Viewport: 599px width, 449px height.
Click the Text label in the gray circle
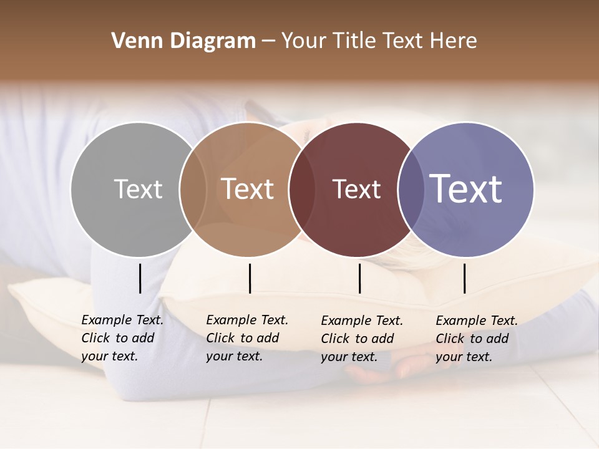pyautogui.click(x=138, y=189)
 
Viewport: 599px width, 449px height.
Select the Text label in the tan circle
pyautogui.click(x=248, y=189)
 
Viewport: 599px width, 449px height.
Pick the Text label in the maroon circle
pyautogui.click(x=356, y=189)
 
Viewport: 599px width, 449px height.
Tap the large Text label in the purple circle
pyautogui.click(x=466, y=188)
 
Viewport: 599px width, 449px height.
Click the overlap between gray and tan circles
pyautogui.click(x=193, y=189)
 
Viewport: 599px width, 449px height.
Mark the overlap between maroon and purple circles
pyautogui.click(x=411, y=189)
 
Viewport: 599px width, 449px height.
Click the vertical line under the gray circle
pyautogui.click(x=140, y=278)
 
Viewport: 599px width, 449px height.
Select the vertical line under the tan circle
pyautogui.click(x=250, y=278)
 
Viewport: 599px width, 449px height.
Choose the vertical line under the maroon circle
pyautogui.click(x=359, y=278)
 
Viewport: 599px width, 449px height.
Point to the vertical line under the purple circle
pyautogui.click(x=464, y=278)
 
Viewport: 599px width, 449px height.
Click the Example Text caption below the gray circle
pyautogui.click(x=122, y=338)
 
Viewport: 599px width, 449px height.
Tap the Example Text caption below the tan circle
pyautogui.click(x=246, y=338)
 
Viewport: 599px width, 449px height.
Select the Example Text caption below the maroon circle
pyautogui.click(x=361, y=339)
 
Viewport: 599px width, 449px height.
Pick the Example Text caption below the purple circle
pyautogui.click(x=476, y=339)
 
